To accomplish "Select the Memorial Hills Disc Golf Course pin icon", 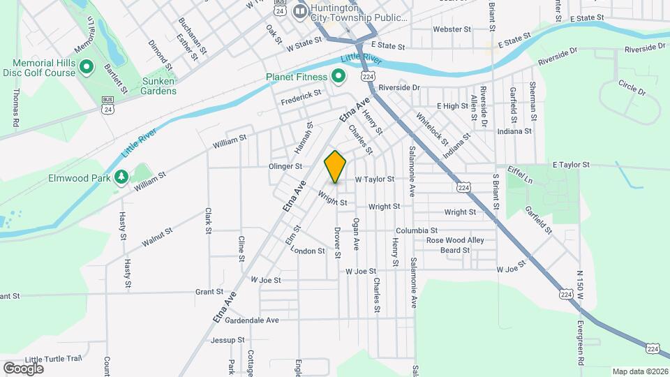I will click(x=87, y=67).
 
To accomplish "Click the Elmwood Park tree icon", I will click(x=121, y=177).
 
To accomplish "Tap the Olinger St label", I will click(x=285, y=167).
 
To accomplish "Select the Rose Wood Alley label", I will click(x=455, y=240).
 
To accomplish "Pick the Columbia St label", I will click(x=417, y=230).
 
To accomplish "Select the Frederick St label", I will click(x=301, y=97).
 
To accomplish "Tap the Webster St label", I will click(x=448, y=29).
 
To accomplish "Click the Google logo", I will click(x=22, y=368).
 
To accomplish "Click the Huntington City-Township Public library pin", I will click(x=301, y=11).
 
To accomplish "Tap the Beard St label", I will click(x=454, y=250).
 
